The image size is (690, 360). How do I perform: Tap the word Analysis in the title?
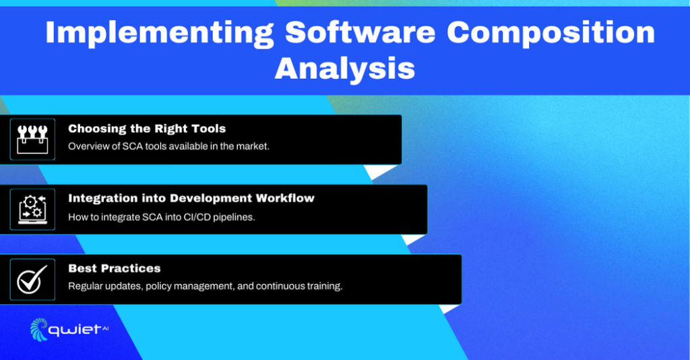point(344,68)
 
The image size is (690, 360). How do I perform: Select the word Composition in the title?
point(551,33)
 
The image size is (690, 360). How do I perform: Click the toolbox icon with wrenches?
point(32,139)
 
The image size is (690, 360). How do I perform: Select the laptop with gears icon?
point(32,209)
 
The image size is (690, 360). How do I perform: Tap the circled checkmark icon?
point(32,279)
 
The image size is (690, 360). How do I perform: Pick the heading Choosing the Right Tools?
point(147,128)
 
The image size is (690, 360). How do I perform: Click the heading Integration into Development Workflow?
point(191,198)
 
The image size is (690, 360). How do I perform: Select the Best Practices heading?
point(115,268)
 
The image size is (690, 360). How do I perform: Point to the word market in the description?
point(253,146)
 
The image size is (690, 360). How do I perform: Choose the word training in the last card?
point(323,287)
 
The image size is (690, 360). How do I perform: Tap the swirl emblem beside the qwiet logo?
point(39,329)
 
